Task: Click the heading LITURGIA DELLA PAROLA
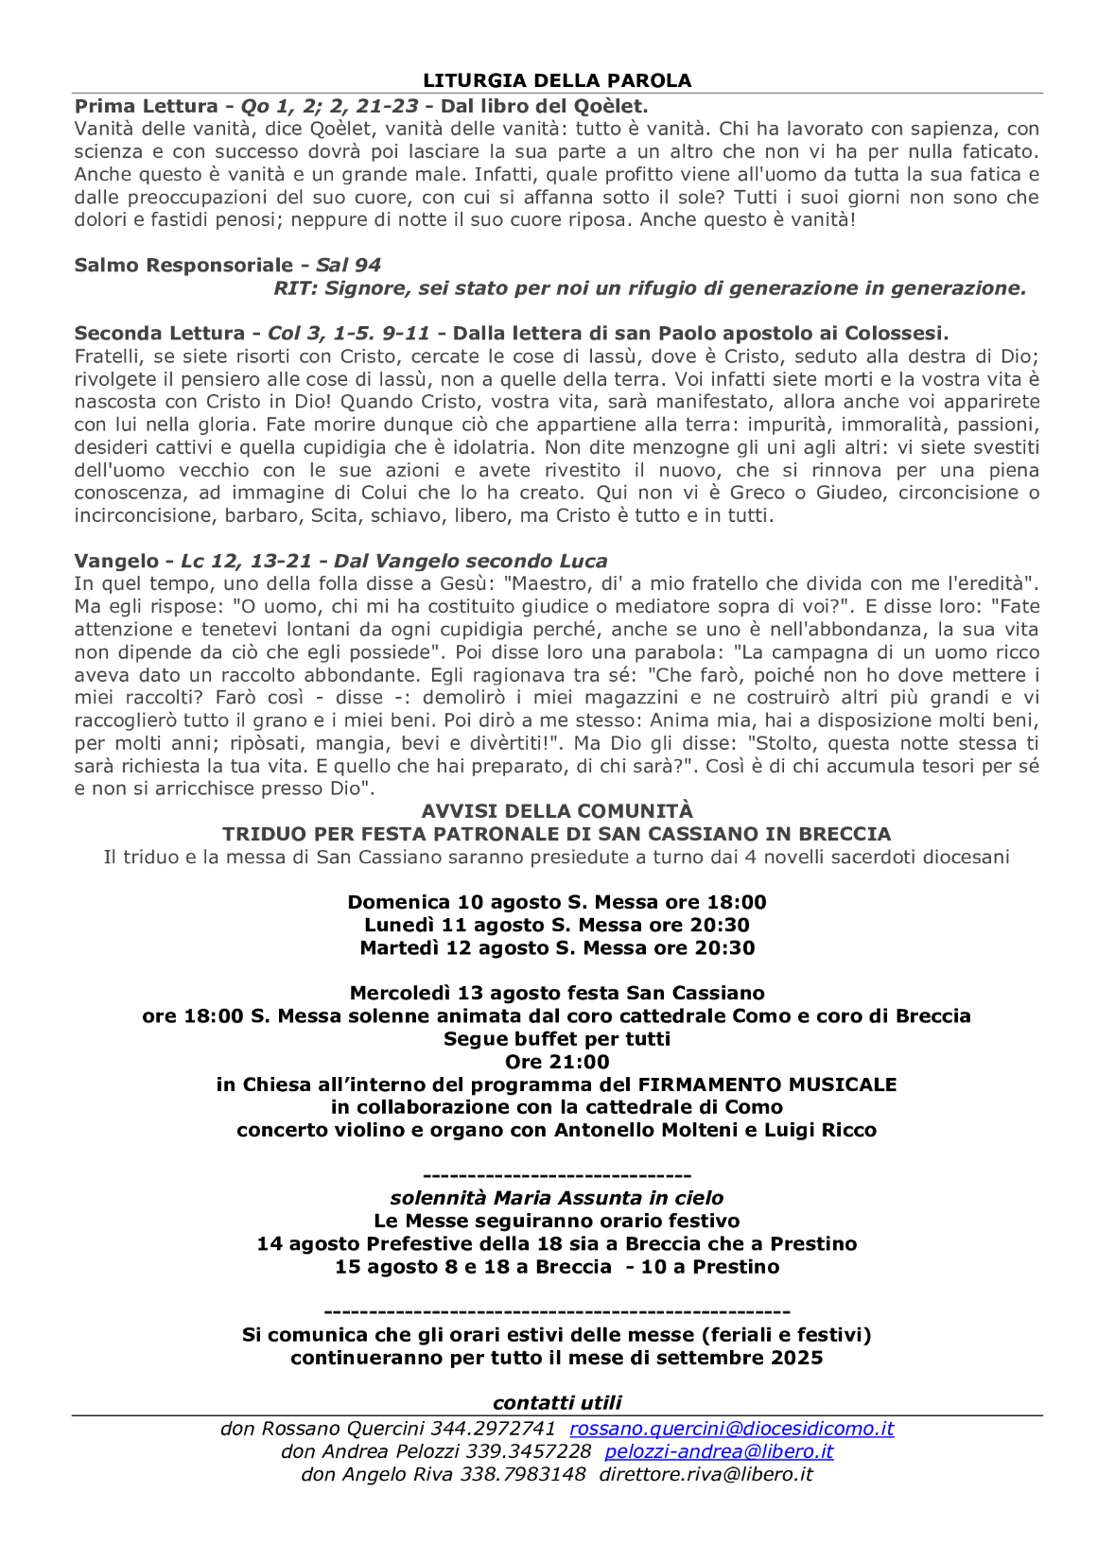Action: coord(557,81)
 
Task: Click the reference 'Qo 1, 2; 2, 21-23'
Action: coord(329,106)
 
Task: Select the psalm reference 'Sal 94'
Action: coord(348,266)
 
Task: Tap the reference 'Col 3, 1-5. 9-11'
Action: coord(349,334)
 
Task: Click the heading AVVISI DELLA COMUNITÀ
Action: coord(557,811)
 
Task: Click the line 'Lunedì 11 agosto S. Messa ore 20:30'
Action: coord(557,926)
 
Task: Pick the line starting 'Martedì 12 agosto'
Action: coord(557,948)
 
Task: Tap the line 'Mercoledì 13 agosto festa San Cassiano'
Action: coord(557,994)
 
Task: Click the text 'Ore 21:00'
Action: coord(557,1062)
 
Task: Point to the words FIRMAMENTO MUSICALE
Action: coord(767,1084)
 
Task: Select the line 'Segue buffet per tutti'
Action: coord(557,1039)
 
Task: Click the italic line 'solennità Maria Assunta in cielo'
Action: coord(557,1199)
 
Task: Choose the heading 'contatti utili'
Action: coord(557,1403)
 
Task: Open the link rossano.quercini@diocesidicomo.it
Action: coord(731,1429)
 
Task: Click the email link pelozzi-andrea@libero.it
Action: coord(719,1451)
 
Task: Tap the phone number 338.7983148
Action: coord(523,1474)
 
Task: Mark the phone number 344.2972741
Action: coord(493,1429)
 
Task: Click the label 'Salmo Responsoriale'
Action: coord(183,266)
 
